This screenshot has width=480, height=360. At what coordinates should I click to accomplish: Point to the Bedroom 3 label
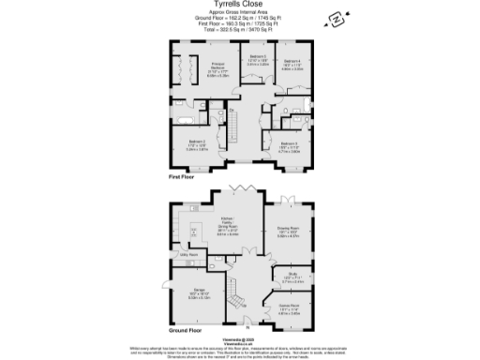coord(288,146)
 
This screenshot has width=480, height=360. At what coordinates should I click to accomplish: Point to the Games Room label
coord(288,307)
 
